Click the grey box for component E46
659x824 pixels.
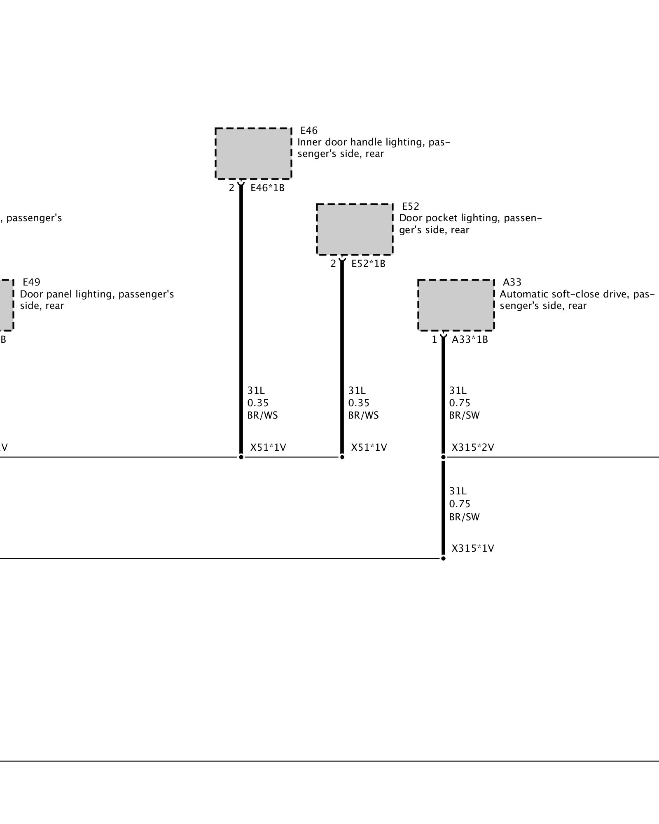tap(253, 153)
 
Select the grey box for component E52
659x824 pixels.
tap(354, 229)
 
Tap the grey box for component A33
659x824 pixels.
tap(456, 305)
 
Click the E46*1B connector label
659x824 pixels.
tap(267, 188)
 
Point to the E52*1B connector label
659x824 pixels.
tap(368, 264)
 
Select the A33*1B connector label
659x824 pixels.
tap(470, 339)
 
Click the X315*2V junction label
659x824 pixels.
tap(472, 447)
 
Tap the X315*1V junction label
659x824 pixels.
tap(472, 548)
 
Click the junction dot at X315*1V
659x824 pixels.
tap(443, 558)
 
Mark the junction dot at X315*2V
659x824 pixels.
tap(443, 457)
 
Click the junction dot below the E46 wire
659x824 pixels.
tap(241, 457)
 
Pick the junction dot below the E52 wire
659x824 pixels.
tap(342, 457)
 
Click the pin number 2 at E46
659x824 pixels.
tap(231, 188)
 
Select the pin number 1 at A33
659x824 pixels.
tap(434, 339)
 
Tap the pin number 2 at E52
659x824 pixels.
tap(333, 264)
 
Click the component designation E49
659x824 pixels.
tap(31, 282)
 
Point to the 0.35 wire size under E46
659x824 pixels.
tap(258, 403)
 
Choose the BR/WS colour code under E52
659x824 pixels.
tap(363, 415)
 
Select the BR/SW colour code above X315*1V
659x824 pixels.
tap(464, 517)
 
